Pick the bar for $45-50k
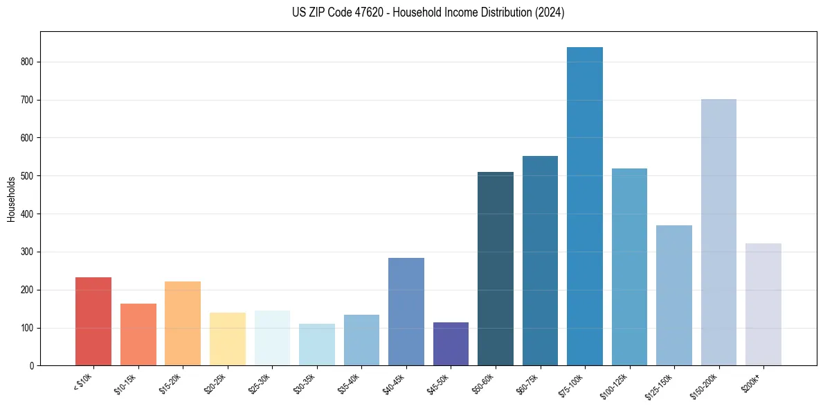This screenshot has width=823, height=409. [451, 344]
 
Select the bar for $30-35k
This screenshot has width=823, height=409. [317, 345]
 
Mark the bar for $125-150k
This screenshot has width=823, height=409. [673, 295]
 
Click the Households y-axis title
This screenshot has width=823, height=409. [11, 198]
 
